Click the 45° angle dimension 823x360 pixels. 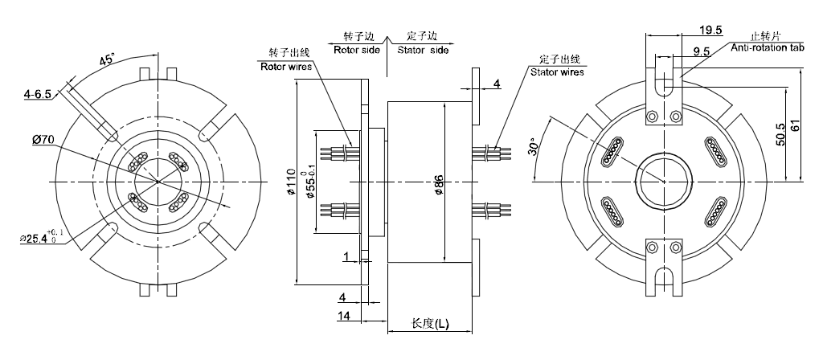[x=107, y=60]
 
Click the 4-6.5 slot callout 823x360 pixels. [x=38, y=94]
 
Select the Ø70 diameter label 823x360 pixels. [x=43, y=140]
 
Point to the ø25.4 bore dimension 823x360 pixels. [x=39, y=238]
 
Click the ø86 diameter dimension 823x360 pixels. [x=439, y=183]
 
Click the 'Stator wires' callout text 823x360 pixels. [x=557, y=72]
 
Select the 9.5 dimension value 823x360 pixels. [x=700, y=51]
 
